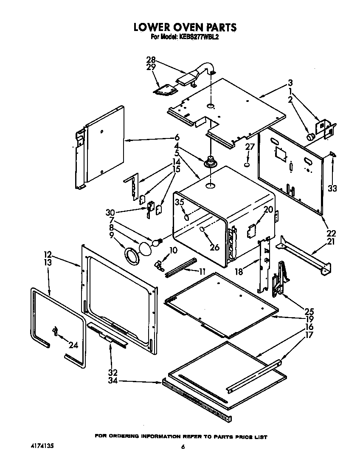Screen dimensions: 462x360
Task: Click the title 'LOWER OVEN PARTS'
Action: coord(185,27)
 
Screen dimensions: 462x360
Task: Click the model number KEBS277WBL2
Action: coord(200,37)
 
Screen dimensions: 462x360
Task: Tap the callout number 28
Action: coord(151,60)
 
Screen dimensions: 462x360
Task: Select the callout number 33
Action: coord(332,189)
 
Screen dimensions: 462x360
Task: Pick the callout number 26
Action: coord(215,247)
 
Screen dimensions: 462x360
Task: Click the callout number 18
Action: coord(239,272)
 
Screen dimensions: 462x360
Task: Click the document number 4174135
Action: coord(42,446)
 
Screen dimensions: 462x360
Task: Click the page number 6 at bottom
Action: coord(183,447)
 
